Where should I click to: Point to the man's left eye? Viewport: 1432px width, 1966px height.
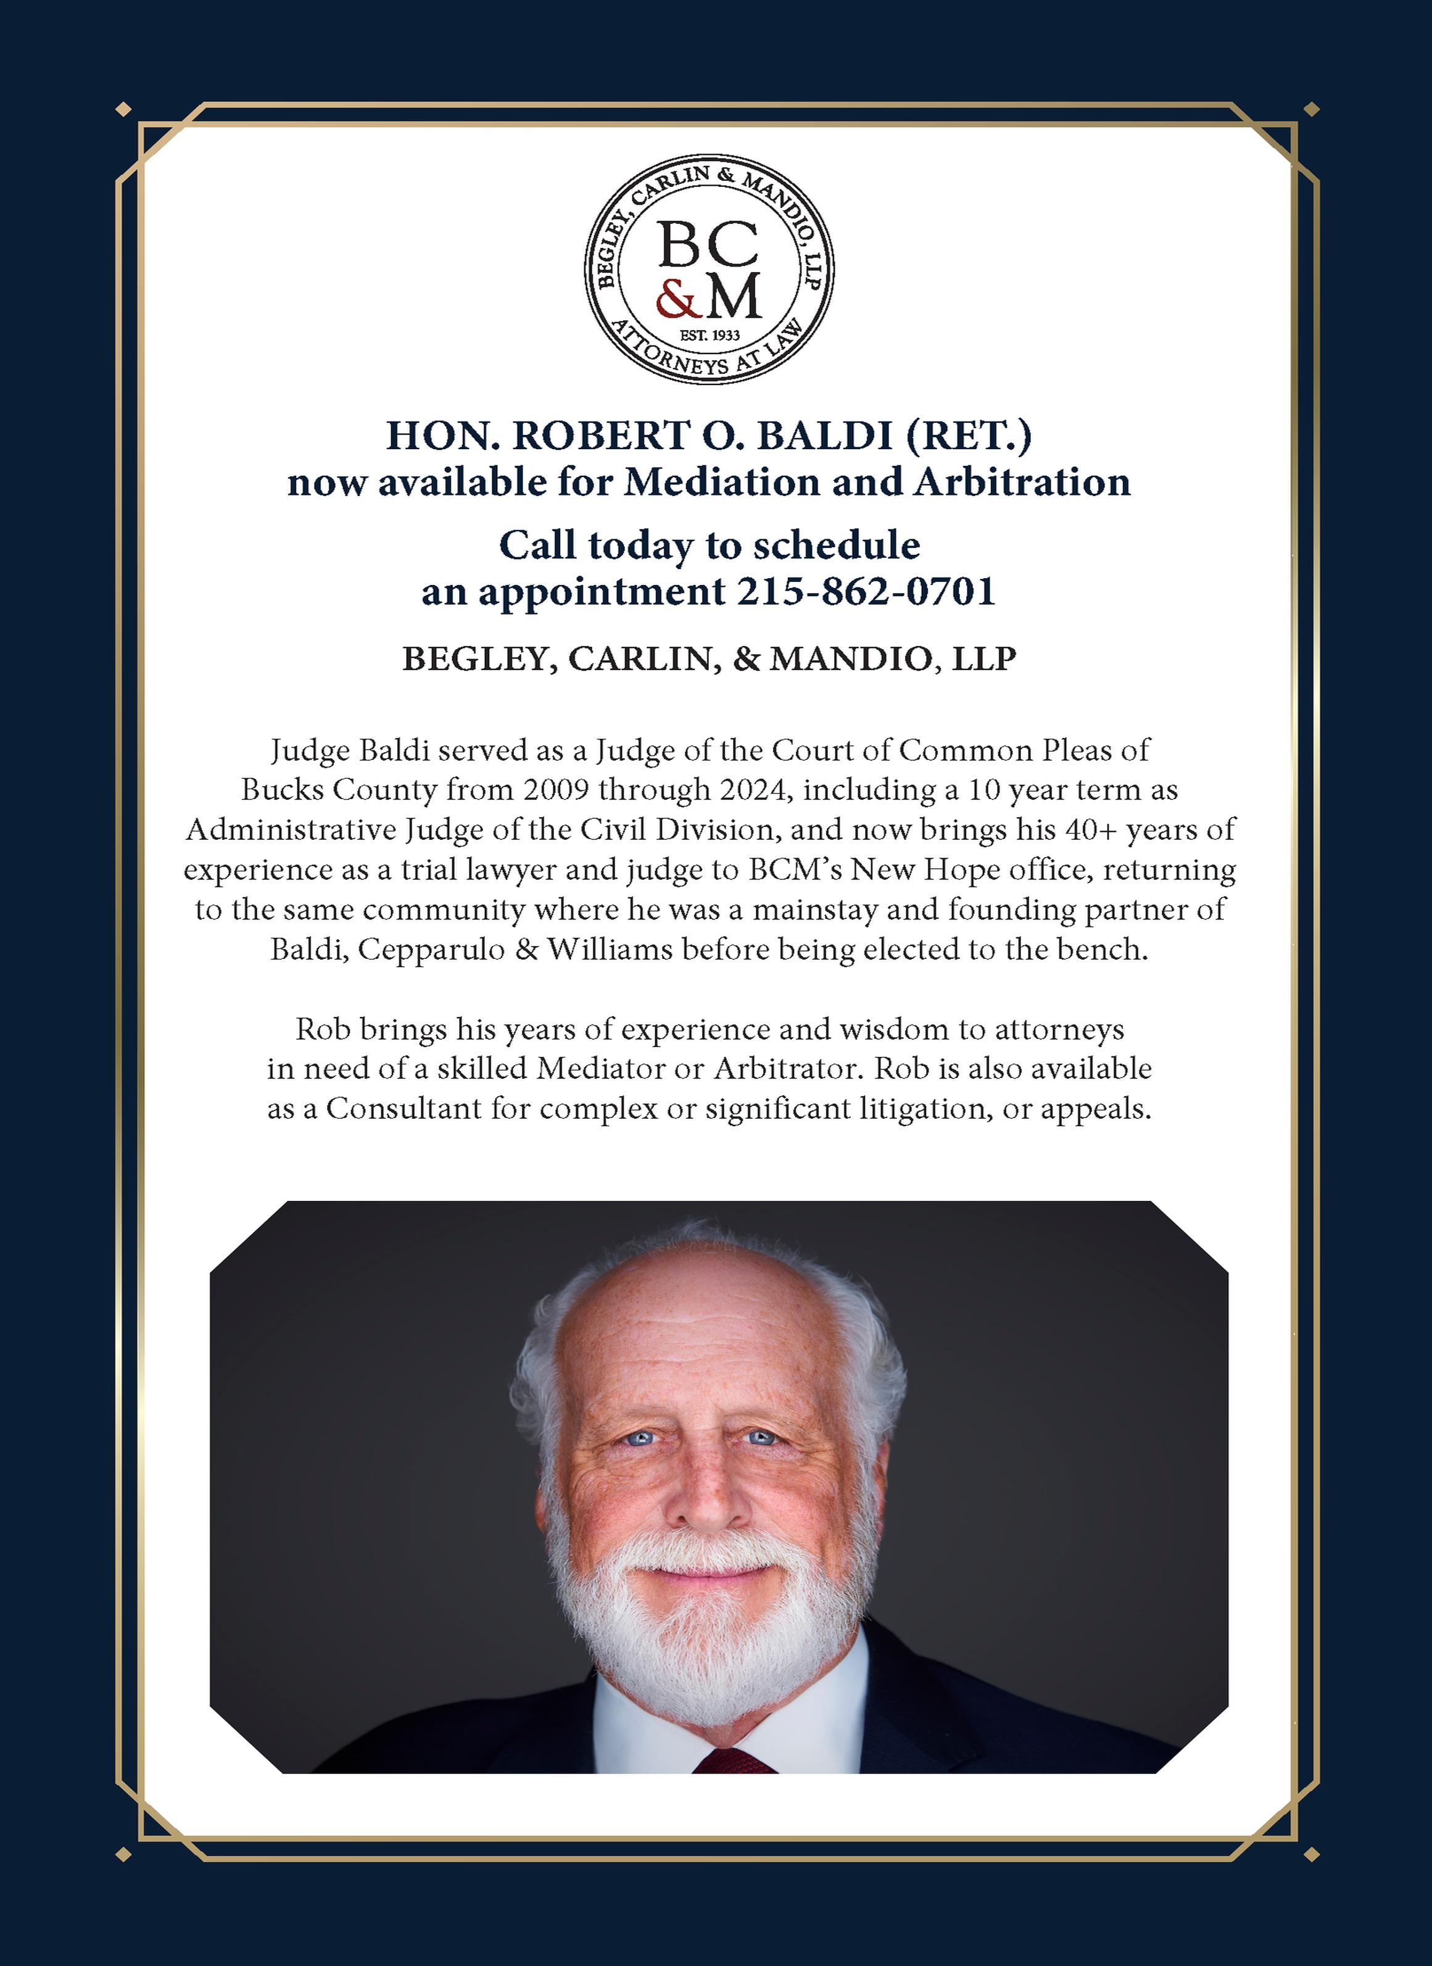761,1438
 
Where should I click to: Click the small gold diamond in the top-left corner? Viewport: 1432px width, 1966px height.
123,109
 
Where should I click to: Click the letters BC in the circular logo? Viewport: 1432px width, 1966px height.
708,246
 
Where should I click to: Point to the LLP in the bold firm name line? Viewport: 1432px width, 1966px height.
984,659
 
